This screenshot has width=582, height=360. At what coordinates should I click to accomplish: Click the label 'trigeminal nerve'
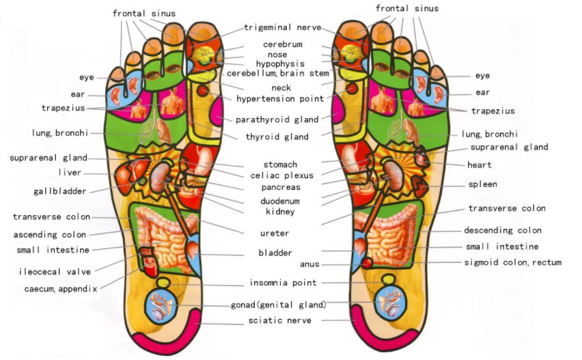click(x=283, y=27)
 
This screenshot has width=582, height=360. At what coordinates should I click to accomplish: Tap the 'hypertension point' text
click(x=280, y=99)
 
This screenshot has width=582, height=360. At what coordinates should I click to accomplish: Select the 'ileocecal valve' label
click(x=55, y=272)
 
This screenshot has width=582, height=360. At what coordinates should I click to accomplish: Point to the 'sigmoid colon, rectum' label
click(x=513, y=262)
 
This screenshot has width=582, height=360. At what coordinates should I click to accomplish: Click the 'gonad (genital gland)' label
click(x=279, y=305)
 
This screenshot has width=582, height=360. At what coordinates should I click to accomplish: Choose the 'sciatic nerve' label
click(x=280, y=320)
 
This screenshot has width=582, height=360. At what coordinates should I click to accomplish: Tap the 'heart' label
click(x=480, y=165)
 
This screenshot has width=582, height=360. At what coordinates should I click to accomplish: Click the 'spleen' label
click(x=482, y=184)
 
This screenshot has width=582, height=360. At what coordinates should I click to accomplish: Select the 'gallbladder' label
click(x=59, y=191)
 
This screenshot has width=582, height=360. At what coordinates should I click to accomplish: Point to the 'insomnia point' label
click(x=283, y=283)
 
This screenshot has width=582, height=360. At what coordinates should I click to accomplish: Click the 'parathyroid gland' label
click(x=277, y=120)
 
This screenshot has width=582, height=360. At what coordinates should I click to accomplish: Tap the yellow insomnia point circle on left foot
click(x=163, y=283)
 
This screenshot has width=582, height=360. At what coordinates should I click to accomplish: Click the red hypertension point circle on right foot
click(x=352, y=88)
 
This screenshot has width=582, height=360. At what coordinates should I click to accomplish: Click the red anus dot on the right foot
click(x=367, y=263)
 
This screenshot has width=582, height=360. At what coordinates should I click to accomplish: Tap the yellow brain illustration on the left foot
click(x=203, y=55)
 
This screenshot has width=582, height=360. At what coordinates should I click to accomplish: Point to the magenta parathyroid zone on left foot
click(x=217, y=111)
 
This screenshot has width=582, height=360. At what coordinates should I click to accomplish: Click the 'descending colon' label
click(x=503, y=230)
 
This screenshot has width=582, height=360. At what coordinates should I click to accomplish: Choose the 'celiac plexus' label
click(x=281, y=176)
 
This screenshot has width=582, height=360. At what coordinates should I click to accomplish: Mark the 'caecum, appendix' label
click(x=61, y=289)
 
